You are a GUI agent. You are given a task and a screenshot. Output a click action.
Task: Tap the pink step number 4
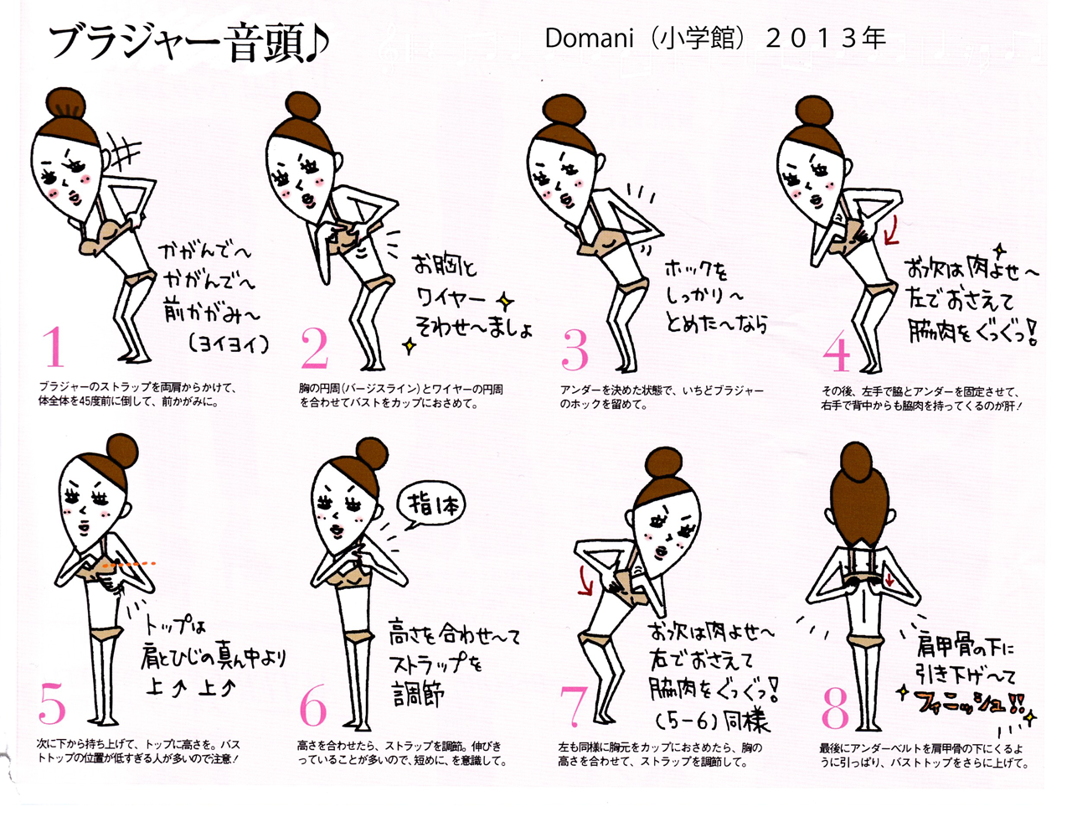(x=836, y=351)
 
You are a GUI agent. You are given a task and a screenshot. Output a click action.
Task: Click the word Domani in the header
(x=589, y=38)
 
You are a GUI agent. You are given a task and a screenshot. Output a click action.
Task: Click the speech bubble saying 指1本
(x=430, y=507)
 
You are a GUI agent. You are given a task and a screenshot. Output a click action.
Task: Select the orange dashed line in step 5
(x=129, y=565)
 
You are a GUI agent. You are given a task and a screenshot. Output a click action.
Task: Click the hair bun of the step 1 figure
(x=66, y=106)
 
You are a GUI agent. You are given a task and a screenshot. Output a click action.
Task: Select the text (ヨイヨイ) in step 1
(x=229, y=344)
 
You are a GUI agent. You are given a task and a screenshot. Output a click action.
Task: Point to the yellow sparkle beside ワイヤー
(x=505, y=302)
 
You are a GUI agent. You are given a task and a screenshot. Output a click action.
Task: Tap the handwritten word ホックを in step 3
(x=696, y=270)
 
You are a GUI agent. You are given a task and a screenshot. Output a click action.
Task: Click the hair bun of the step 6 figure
(x=373, y=454)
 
